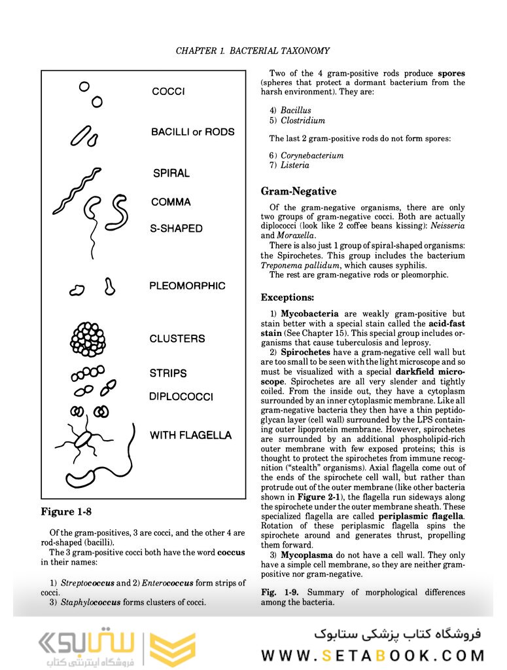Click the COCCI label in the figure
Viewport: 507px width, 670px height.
click(x=168, y=92)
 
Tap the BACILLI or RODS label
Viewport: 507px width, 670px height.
click(x=192, y=132)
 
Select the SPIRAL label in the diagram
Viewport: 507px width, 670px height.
click(x=171, y=174)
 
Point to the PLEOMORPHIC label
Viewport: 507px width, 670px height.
click(x=187, y=286)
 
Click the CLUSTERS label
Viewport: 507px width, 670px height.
click(x=177, y=339)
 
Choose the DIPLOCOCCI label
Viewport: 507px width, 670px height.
click(x=181, y=397)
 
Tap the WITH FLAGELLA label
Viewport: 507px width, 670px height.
click(x=190, y=435)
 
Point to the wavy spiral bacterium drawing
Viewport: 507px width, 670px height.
click(x=76, y=191)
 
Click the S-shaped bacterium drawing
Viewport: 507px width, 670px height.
click(x=119, y=211)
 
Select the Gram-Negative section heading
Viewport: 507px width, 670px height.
click(x=298, y=191)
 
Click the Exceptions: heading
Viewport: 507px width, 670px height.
click(x=287, y=297)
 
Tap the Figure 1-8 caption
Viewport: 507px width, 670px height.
click(x=67, y=512)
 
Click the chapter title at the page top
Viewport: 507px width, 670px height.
click(x=253, y=50)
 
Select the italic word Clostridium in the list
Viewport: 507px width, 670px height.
click(x=302, y=121)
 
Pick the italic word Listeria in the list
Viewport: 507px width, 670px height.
click(x=295, y=165)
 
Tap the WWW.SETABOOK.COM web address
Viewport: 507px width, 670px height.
click(x=372, y=655)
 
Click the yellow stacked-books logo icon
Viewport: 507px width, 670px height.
click(x=173, y=646)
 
